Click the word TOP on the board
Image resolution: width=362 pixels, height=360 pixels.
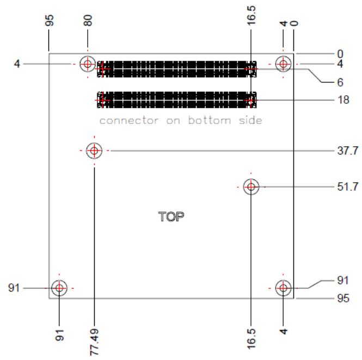[x=171, y=216]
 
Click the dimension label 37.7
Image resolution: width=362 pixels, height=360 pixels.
[x=348, y=151]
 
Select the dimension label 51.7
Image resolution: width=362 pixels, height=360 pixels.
[x=348, y=187]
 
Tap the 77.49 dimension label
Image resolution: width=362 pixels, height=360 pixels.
[x=94, y=342]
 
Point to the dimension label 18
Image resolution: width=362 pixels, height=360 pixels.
[x=343, y=100]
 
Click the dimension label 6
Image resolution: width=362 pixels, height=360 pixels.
[x=340, y=82]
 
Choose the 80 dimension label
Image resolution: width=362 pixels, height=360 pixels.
[x=88, y=20]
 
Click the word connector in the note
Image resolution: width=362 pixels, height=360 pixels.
[x=129, y=120]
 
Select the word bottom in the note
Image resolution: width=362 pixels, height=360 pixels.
[x=210, y=120]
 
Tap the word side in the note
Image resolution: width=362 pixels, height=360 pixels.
[x=250, y=120]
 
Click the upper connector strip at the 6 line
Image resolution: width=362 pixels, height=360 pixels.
[x=177, y=69]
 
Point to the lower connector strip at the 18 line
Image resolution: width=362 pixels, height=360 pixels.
[x=177, y=100]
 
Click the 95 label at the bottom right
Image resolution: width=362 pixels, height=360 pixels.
[x=343, y=298]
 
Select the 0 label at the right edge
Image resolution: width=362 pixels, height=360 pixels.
[x=340, y=54]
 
